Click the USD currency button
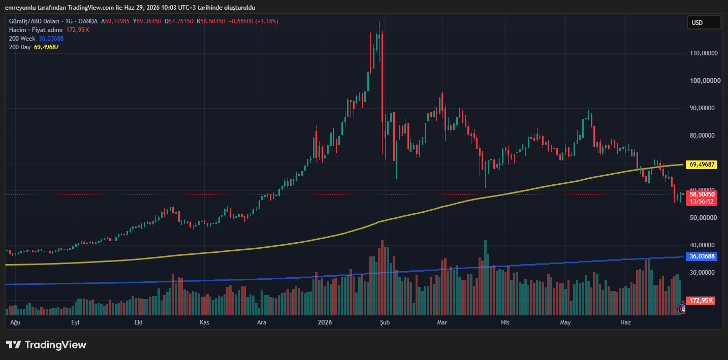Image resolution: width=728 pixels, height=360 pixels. click(704, 23)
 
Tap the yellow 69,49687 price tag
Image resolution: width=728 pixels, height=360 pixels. click(702, 165)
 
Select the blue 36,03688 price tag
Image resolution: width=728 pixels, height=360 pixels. click(702, 256)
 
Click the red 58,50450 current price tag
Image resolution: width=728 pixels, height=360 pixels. click(702, 194)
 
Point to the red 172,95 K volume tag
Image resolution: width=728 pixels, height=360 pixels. click(701, 301)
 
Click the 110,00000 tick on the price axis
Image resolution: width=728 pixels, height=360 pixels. click(704, 53)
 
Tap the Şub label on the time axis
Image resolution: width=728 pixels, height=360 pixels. click(385, 322)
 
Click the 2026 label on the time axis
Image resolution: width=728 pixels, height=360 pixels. click(325, 322)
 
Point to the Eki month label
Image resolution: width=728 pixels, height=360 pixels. click(139, 322)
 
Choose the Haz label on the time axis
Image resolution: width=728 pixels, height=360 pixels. click(625, 322)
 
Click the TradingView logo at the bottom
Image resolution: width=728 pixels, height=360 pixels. click(46, 345)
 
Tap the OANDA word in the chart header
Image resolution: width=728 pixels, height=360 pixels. click(88, 21)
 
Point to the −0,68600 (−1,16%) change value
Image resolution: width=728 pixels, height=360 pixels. click(254, 21)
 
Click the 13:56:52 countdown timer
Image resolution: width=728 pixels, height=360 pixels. click(702, 202)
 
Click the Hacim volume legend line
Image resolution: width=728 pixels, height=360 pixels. click(49, 30)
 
